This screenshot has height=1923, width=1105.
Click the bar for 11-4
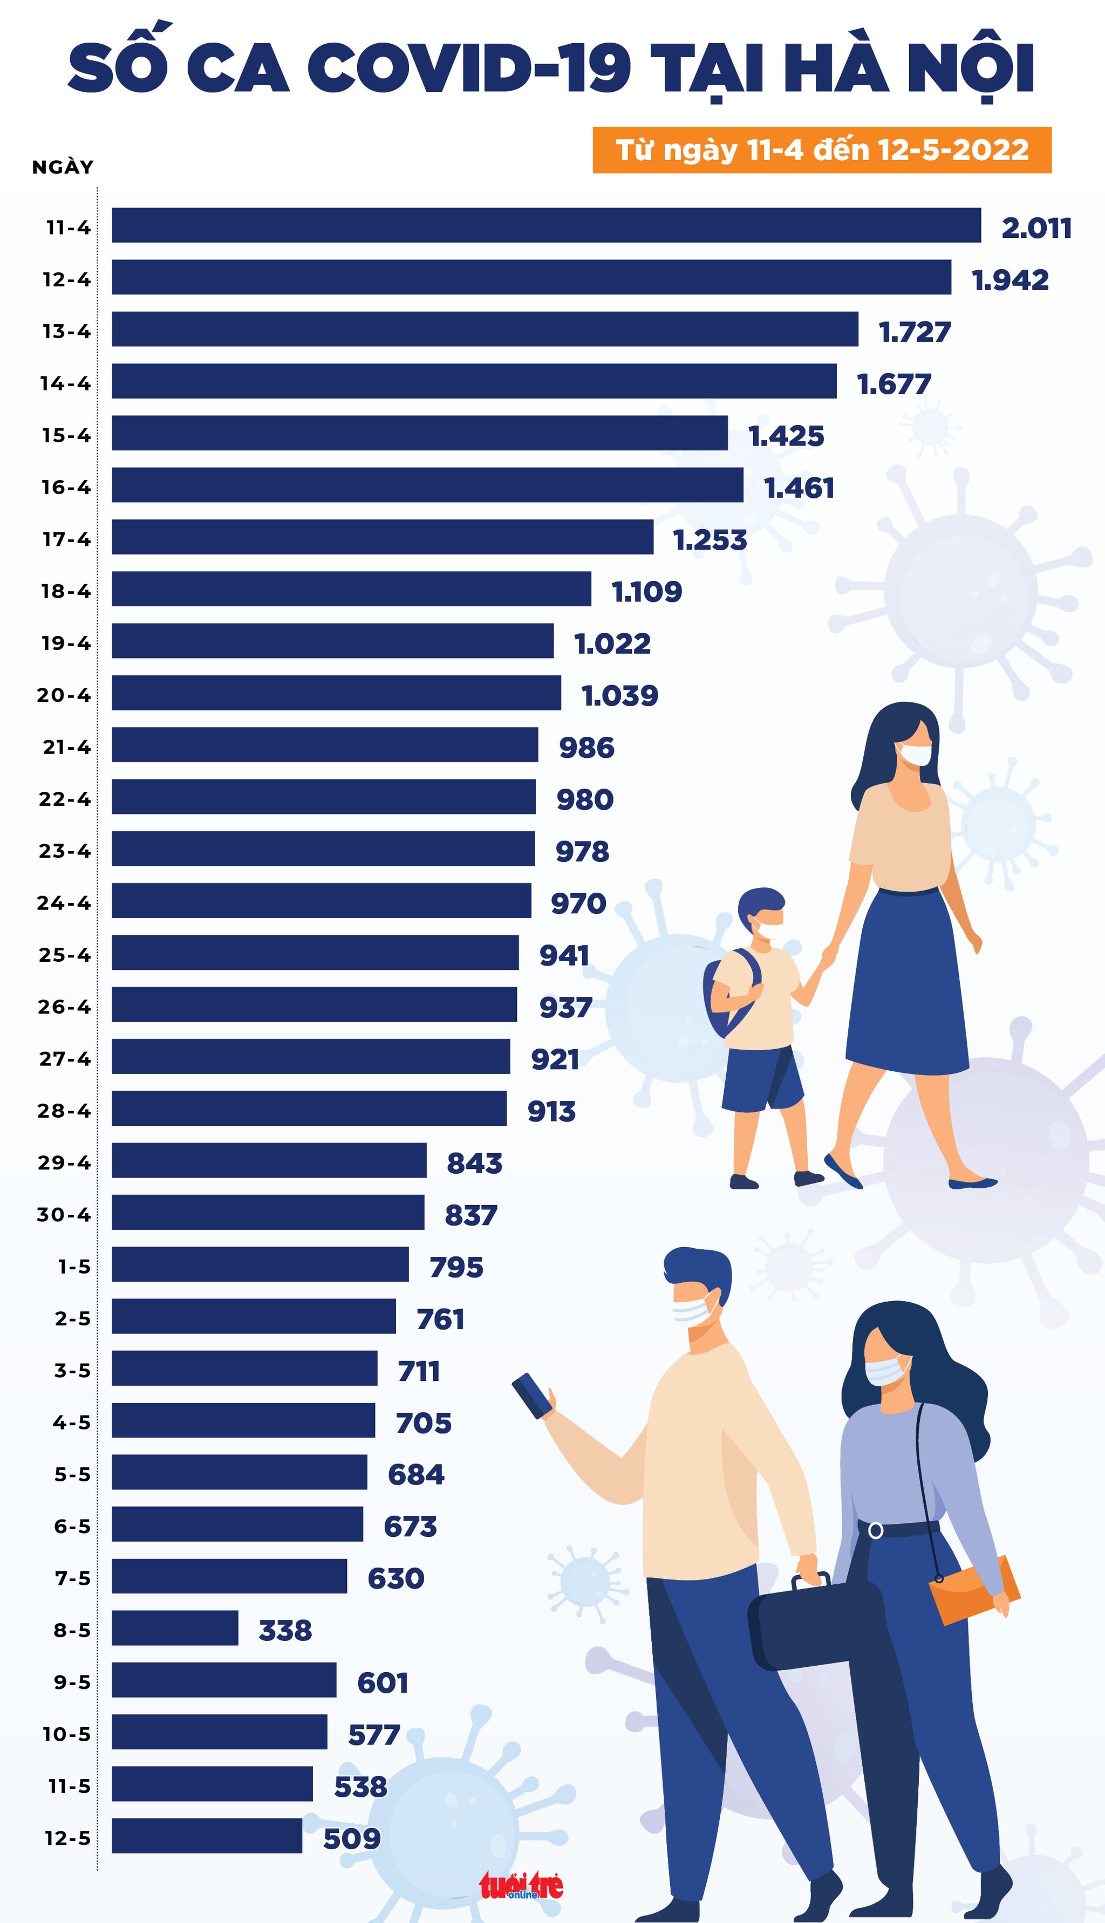coord(547,225)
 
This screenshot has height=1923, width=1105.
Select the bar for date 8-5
coord(175,1628)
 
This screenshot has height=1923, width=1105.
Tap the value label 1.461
coord(799,488)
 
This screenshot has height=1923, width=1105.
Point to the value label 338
coord(285,1630)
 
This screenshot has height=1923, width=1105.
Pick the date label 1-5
coord(74,1266)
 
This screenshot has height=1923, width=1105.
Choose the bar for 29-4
coord(269,1161)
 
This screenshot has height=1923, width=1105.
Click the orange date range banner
coord(821,149)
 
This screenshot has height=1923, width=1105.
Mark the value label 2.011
coord(1036,228)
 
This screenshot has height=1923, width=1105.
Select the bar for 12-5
coord(207,1836)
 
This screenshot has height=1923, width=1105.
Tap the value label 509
coord(351,1837)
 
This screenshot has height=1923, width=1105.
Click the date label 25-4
coord(65,954)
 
